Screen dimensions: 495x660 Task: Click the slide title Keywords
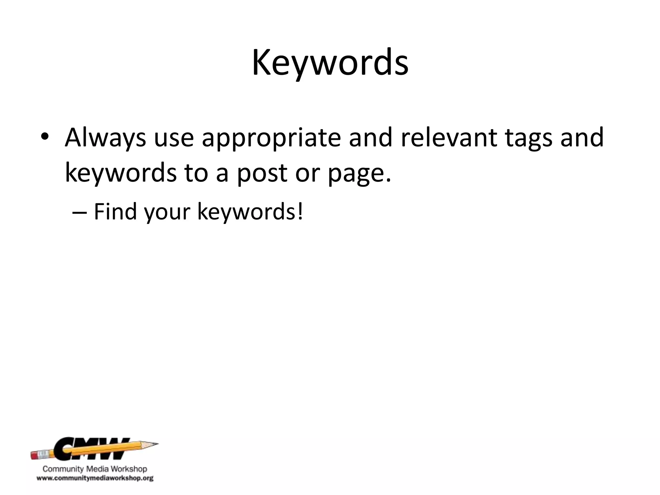(330, 63)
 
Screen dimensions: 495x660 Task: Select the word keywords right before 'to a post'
(121, 173)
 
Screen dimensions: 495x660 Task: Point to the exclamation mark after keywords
(300, 211)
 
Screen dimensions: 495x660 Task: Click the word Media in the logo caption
(99, 469)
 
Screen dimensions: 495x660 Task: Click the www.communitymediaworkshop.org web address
(95, 478)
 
